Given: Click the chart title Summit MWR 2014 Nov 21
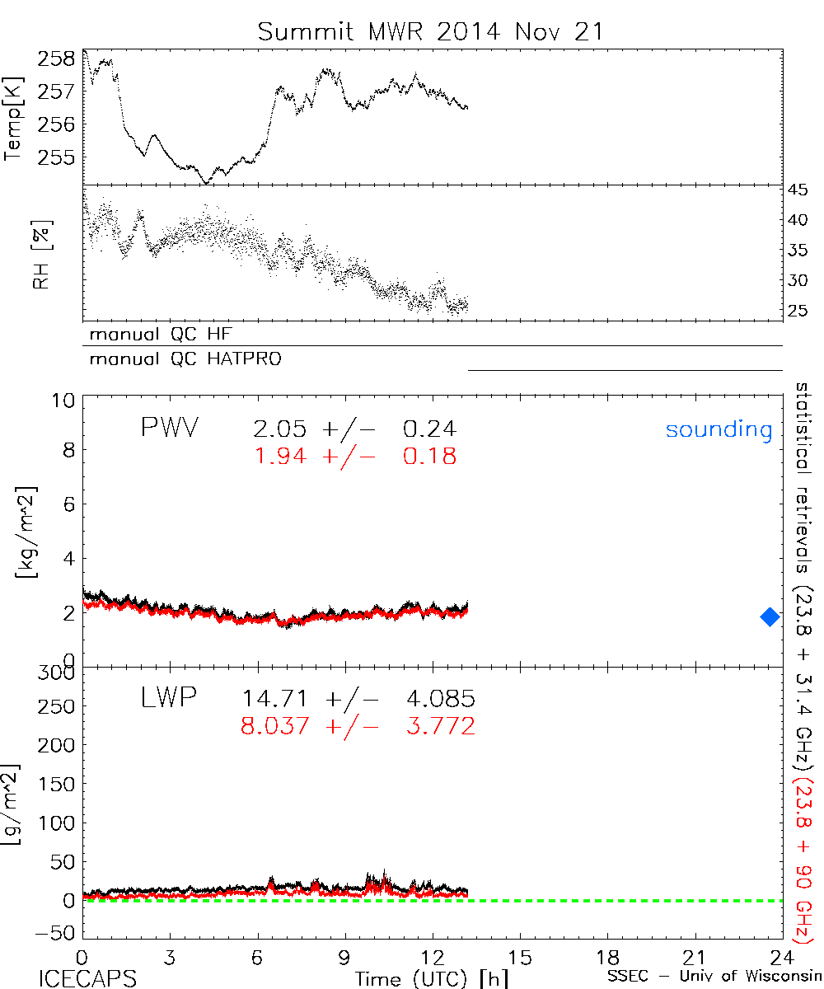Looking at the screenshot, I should coord(430,31).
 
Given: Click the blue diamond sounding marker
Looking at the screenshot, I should coord(770,616).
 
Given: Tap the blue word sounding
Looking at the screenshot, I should coord(719,429).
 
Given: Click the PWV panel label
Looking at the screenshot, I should coord(169,429).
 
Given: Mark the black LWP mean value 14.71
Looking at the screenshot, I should coord(275,700).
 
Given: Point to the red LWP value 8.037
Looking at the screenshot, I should coord(275,727).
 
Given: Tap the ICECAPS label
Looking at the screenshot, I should coord(87,978).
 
